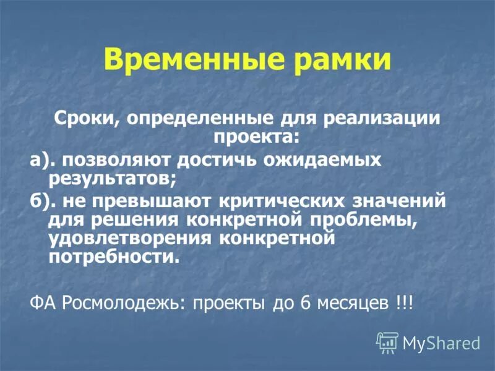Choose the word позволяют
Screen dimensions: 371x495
pyautogui.click(x=115, y=160)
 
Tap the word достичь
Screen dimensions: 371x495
pyautogui.click(x=218, y=160)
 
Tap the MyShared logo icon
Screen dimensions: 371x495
pyautogui.click(x=387, y=342)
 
